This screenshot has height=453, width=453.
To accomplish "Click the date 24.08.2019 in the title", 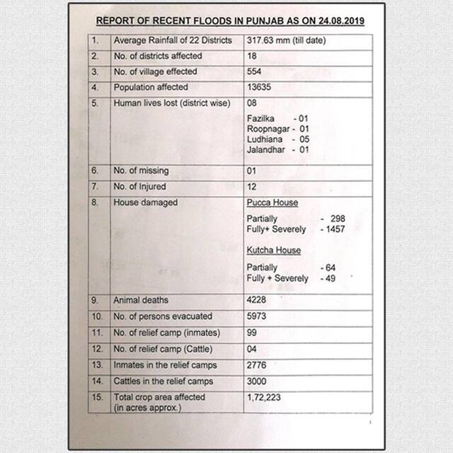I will tap(340, 21).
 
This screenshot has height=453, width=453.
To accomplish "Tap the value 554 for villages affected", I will tap(254, 71).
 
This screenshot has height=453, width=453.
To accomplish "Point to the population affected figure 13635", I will tap(258, 87).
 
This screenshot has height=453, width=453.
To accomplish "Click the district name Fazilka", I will tap(260, 118).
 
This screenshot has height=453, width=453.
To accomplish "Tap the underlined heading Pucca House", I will tap(273, 202).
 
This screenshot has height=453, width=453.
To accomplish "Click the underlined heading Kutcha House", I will tap(274, 251).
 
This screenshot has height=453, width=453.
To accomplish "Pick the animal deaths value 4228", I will tap(257, 300).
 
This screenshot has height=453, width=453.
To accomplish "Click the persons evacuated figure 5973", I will tap(257, 316).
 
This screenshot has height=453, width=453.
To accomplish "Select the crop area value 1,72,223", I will tap(264, 398).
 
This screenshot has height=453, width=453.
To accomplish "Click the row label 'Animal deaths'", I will tap(141, 300).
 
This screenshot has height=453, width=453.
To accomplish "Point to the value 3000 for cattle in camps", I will tap(257, 382).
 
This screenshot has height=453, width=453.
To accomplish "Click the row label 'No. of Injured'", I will tap(140, 187).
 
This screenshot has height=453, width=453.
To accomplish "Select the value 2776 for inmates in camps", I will tap(257, 365).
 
